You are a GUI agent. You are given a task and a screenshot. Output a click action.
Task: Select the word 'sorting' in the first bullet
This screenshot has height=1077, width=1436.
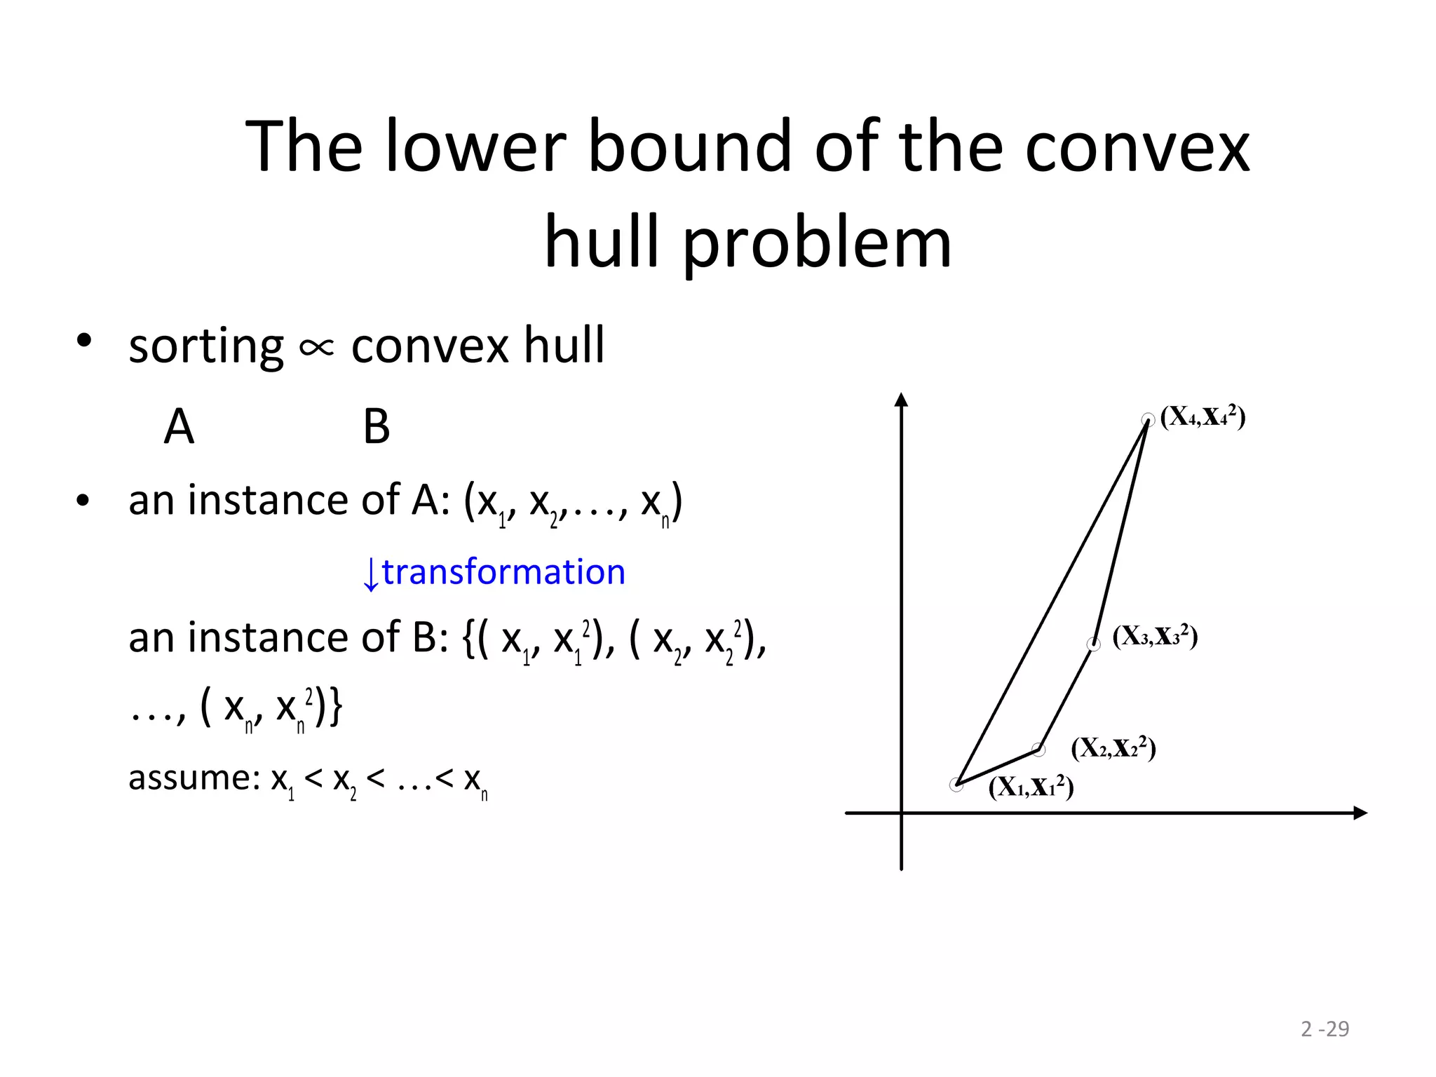(x=206, y=346)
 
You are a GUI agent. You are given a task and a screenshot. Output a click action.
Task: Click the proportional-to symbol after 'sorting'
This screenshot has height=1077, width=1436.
(x=316, y=347)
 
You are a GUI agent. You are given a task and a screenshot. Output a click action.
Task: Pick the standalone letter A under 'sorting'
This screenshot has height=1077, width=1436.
(x=179, y=426)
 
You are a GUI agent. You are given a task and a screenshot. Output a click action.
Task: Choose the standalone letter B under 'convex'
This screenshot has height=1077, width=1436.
(x=377, y=426)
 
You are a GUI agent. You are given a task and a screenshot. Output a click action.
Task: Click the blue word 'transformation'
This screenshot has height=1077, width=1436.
(x=503, y=572)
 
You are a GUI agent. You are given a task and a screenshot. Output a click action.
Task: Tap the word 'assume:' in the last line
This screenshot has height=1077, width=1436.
(x=195, y=778)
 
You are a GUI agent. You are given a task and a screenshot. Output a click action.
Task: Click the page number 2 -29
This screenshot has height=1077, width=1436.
(x=1325, y=1029)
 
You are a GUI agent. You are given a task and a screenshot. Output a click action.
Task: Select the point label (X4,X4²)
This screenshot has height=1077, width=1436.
(x=1203, y=416)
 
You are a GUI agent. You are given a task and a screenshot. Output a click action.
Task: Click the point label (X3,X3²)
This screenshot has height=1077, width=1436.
(x=1155, y=636)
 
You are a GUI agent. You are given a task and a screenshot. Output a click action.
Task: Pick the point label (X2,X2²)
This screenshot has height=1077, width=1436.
(x=1113, y=748)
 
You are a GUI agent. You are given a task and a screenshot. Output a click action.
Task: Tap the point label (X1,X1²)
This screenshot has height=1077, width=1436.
(x=1031, y=787)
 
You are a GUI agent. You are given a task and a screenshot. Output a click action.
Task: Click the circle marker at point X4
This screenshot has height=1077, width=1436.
(x=1148, y=420)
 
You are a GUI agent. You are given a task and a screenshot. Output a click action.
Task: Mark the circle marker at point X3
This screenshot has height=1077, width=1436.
(x=1094, y=644)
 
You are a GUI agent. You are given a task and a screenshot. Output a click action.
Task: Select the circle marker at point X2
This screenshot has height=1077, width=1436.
(x=1039, y=750)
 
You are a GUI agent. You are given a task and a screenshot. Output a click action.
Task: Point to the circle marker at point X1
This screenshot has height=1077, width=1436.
(x=956, y=785)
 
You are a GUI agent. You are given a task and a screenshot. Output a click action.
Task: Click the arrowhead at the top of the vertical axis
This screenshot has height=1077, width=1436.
(x=902, y=400)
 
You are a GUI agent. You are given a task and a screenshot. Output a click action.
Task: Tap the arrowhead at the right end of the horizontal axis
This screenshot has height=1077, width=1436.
(x=1360, y=813)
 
